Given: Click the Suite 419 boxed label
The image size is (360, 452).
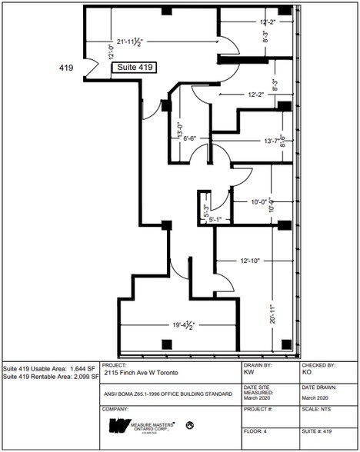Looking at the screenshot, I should pos(136,68).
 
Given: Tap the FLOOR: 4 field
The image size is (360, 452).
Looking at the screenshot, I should pos(258,443).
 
